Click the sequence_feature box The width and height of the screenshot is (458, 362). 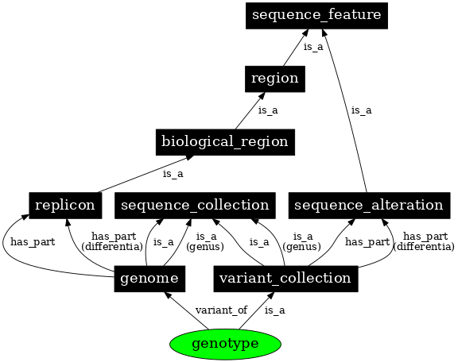(316, 15)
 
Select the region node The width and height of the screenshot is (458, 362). (274, 79)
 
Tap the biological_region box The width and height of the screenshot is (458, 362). (224, 142)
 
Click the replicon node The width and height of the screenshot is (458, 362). (64, 206)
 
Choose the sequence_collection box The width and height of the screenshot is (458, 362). (195, 206)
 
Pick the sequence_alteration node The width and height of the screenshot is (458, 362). (368, 206)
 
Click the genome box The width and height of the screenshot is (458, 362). (150, 278)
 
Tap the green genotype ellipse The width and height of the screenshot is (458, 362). (226, 344)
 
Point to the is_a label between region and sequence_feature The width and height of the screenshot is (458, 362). (313, 47)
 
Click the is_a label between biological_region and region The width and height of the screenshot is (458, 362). (268, 110)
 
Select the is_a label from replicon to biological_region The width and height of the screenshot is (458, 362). (173, 174)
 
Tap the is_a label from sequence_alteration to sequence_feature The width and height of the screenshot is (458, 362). (361, 110)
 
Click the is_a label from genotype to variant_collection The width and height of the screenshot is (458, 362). (274, 310)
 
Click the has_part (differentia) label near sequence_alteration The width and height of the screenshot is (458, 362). (424, 241)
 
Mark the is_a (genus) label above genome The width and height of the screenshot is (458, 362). (206, 241)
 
